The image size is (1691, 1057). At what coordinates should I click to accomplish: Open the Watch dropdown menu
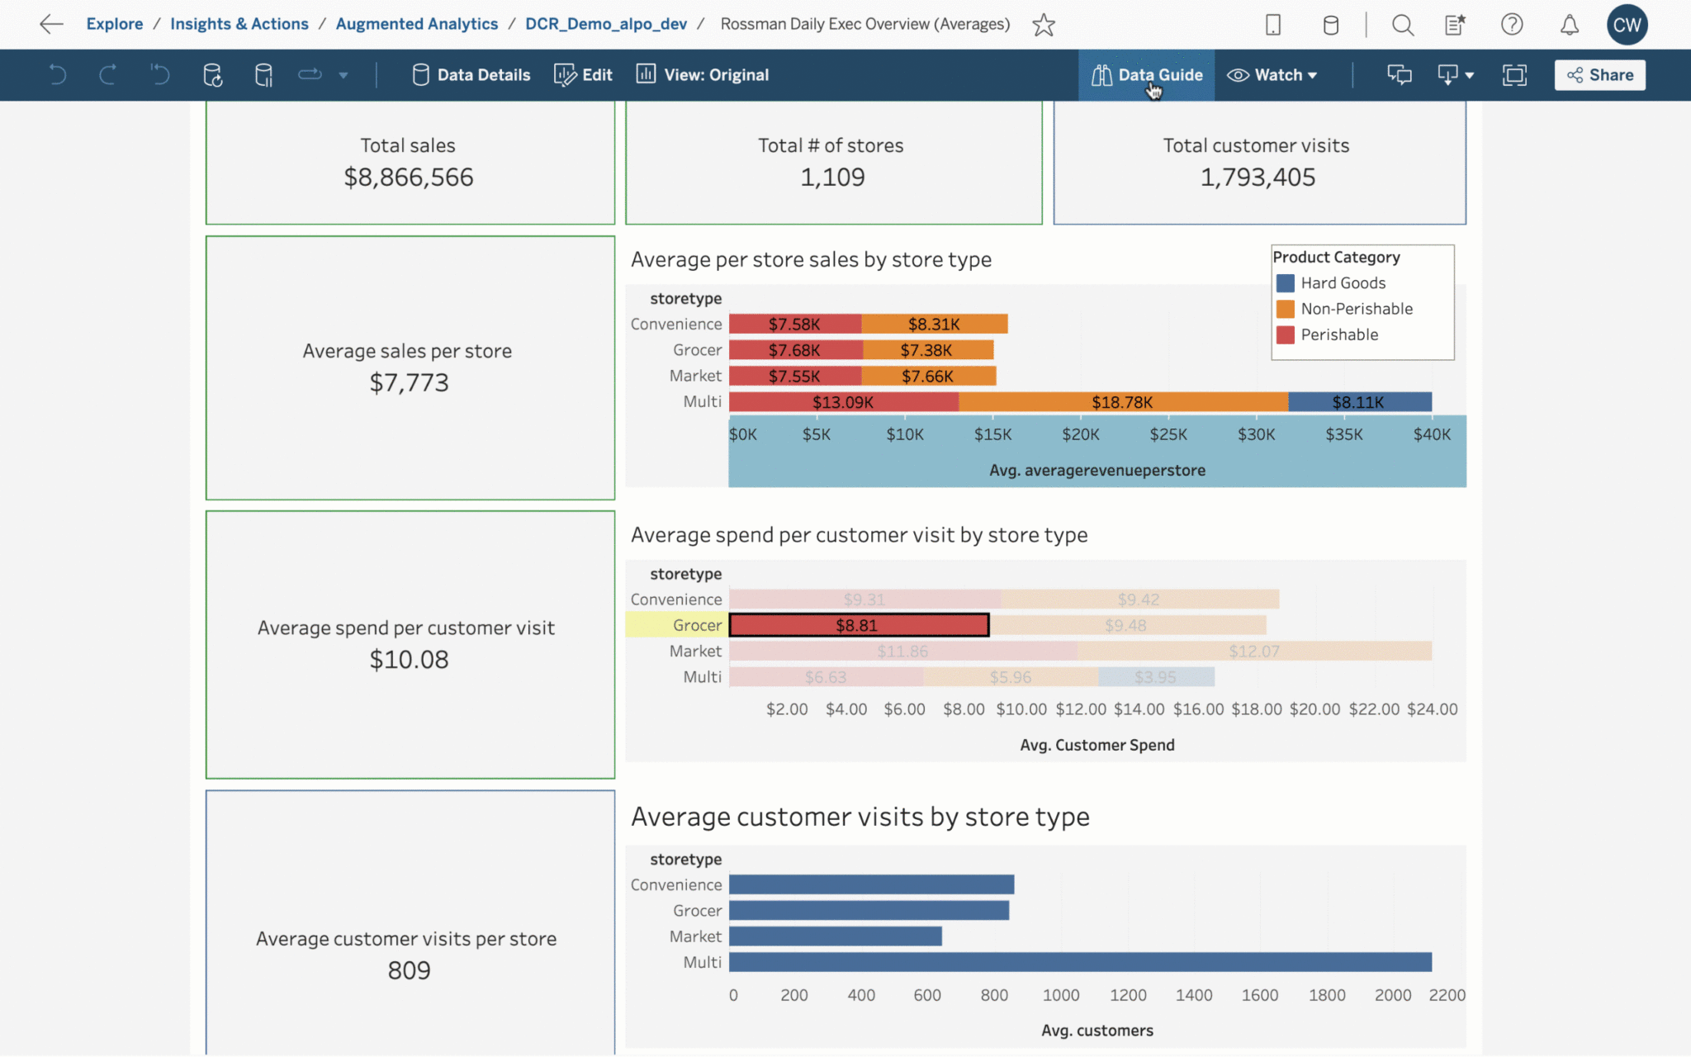point(1272,75)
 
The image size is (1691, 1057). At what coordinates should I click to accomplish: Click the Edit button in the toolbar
point(584,75)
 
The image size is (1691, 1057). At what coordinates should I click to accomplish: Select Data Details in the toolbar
point(471,75)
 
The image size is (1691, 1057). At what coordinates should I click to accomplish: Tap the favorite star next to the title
point(1044,25)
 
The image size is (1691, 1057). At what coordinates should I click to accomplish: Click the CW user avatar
point(1626,25)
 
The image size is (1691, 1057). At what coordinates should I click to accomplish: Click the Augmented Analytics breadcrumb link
point(417,24)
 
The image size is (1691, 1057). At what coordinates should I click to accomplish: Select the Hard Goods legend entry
point(1343,283)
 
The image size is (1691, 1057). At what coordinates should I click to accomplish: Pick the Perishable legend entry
point(1338,334)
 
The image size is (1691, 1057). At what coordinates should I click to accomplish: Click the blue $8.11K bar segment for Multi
point(1359,402)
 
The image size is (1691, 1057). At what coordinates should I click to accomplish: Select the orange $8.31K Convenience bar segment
point(934,325)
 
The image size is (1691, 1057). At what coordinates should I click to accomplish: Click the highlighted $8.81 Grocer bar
point(858,625)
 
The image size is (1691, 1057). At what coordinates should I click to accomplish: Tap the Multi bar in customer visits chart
point(1079,962)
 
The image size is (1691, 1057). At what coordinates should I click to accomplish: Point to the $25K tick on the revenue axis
point(1168,434)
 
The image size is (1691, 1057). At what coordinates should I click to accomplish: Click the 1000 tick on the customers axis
point(1061,995)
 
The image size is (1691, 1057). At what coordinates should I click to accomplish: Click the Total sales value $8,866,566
point(409,178)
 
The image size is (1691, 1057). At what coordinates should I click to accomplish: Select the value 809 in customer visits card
point(409,970)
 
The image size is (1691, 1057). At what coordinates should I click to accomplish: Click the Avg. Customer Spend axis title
point(1097,745)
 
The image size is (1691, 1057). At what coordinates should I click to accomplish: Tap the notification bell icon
point(1569,25)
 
